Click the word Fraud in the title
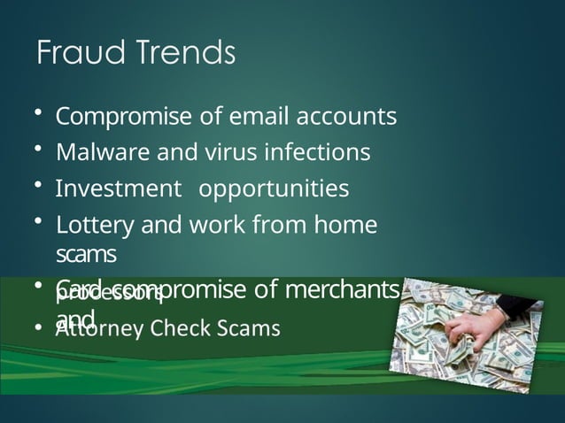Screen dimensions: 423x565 (x=74, y=54)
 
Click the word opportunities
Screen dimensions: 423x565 (x=274, y=189)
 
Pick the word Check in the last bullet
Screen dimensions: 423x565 (x=185, y=329)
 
